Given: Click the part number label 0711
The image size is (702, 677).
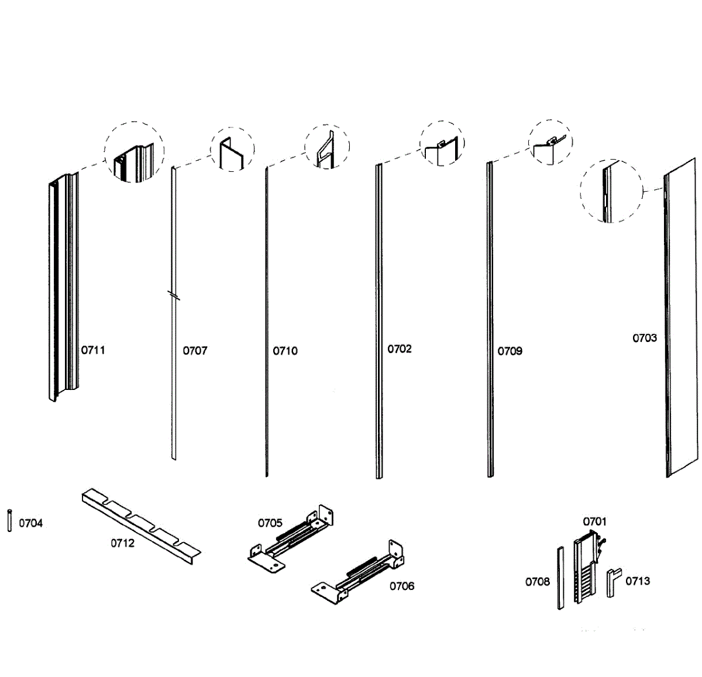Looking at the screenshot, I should [x=93, y=350].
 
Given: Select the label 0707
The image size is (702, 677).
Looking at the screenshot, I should [x=195, y=351].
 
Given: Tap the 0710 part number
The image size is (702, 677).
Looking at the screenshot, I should [x=285, y=351].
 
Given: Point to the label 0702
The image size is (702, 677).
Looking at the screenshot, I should [x=400, y=349].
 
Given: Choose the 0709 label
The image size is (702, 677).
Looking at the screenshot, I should [x=510, y=351].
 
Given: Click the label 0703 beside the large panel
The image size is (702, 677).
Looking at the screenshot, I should [x=644, y=338].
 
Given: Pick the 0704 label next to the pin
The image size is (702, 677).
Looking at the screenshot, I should [x=30, y=523].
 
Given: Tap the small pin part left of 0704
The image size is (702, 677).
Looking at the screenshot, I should [x=9, y=520].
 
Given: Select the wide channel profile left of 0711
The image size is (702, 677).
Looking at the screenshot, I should [x=62, y=286].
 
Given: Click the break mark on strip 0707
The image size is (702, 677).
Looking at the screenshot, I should [x=173, y=295].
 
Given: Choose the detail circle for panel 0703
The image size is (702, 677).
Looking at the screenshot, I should [x=611, y=191].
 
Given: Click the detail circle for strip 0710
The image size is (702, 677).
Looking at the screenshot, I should [x=326, y=147].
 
